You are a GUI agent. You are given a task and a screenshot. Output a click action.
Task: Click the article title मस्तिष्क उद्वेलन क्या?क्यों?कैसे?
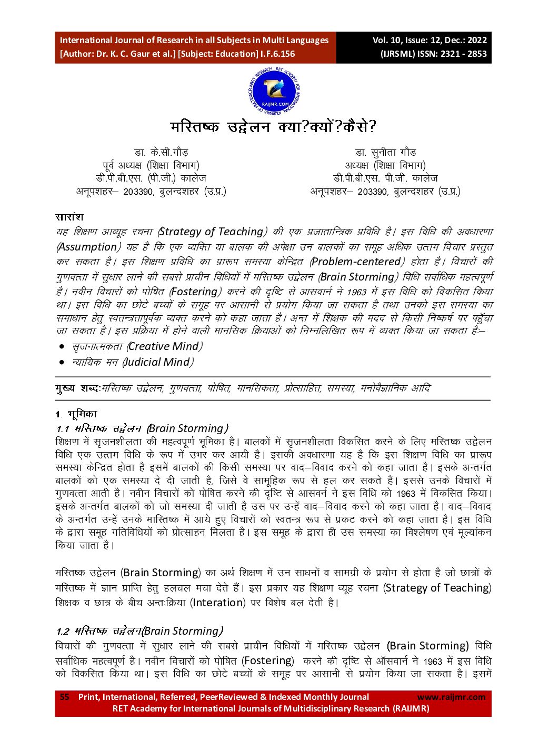coord(273,127)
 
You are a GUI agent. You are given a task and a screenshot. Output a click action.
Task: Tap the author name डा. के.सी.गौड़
coord(161,153)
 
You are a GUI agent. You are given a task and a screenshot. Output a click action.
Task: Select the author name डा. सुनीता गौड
coord(385,153)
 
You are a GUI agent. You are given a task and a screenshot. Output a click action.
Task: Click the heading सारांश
coord(69,217)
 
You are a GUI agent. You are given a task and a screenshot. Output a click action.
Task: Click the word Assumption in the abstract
coord(88,247)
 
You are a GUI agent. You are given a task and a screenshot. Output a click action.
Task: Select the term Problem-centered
coord(356,262)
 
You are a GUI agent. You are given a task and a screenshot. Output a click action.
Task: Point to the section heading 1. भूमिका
coord(76,414)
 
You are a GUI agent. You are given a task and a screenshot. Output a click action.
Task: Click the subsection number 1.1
coord(63,429)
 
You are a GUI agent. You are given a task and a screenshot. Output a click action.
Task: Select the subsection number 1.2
coord(63,632)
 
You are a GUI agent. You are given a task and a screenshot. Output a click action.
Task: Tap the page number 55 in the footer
coord(64,697)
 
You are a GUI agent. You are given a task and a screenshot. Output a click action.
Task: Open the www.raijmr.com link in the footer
coord(451,697)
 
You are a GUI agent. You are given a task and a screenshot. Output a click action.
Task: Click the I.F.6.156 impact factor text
coord(277,54)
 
